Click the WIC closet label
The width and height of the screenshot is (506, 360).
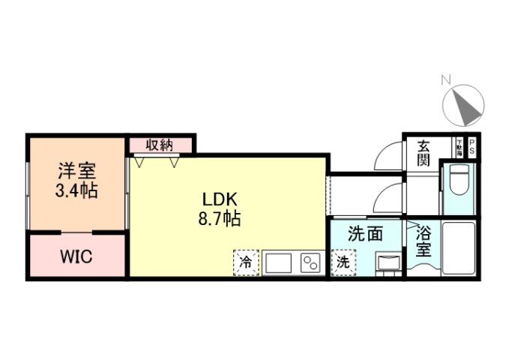click(76, 257)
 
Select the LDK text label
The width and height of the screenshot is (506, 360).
click(220, 199)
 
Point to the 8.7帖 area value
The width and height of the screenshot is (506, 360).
click(220, 220)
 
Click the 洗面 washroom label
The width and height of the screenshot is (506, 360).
click(366, 234)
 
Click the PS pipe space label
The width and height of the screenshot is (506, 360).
click(472, 145)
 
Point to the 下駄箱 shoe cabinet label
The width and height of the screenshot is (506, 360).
click(458, 145)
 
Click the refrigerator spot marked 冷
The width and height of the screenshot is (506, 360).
click(245, 262)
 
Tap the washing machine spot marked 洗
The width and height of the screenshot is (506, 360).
click(342, 262)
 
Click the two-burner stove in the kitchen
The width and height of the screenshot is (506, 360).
click(310, 263)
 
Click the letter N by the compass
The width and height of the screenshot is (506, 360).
click(445, 79)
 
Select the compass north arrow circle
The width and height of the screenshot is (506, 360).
click(465, 105)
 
